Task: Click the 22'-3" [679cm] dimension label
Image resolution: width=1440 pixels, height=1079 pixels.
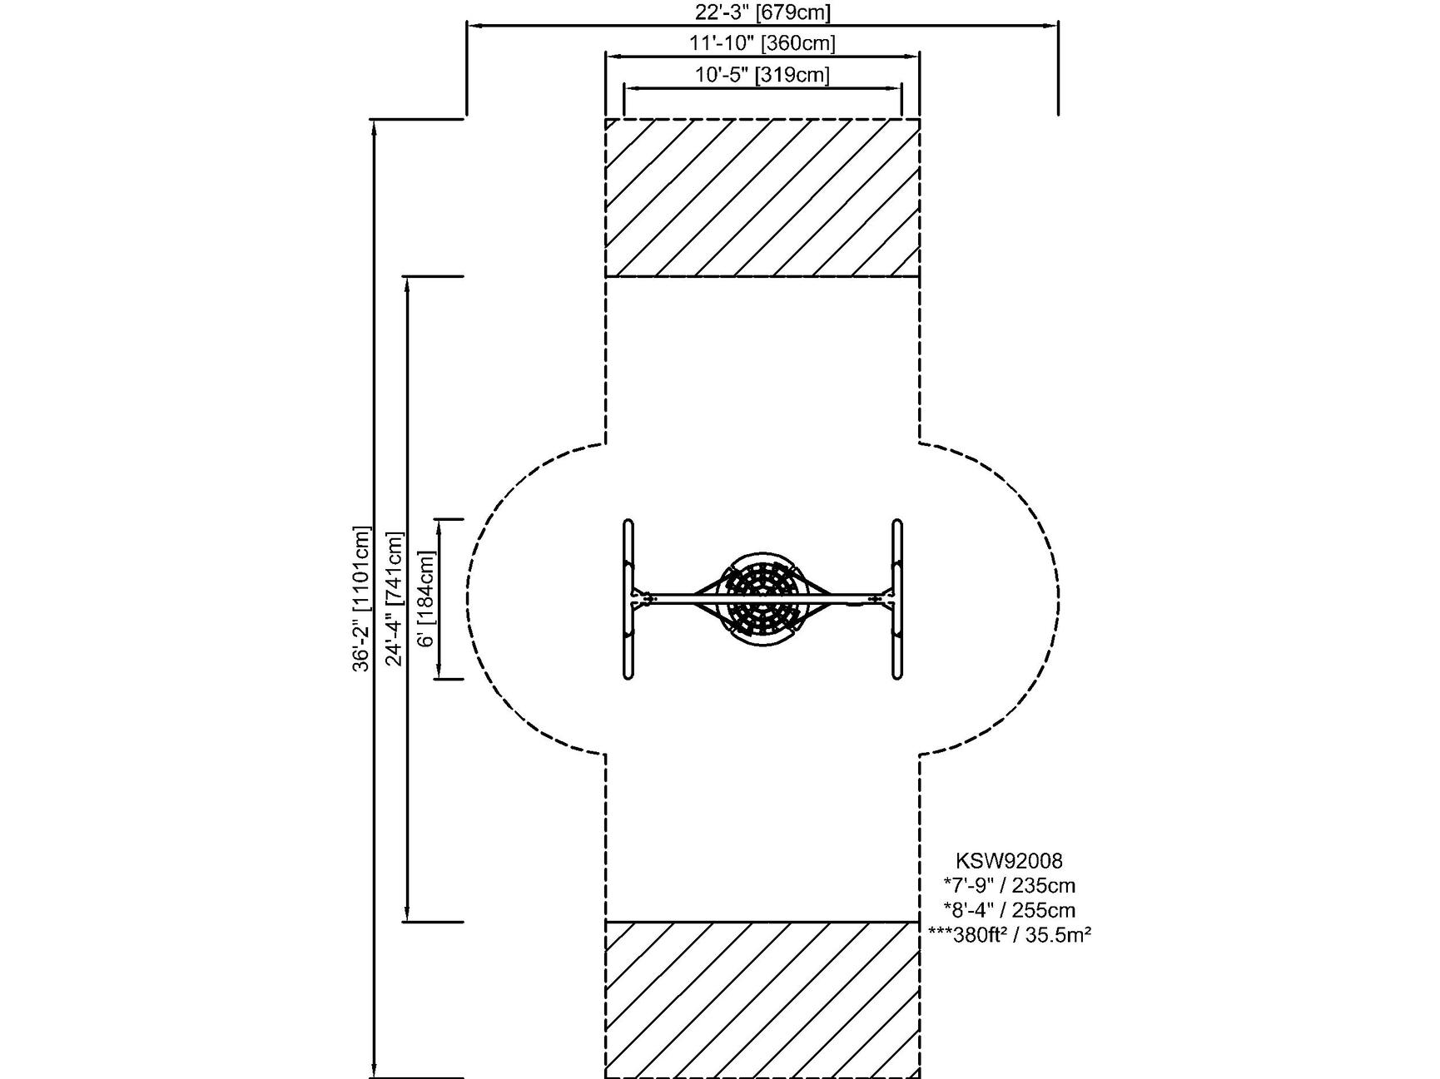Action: (762, 12)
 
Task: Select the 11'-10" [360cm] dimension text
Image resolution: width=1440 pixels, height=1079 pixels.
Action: (762, 42)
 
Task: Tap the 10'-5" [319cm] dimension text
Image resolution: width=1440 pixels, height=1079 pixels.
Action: (762, 75)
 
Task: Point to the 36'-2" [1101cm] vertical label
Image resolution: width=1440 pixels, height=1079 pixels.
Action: (360, 598)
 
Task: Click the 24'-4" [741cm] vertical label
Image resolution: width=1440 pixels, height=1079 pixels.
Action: (394, 598)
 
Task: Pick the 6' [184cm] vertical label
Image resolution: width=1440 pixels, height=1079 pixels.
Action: (425, 598)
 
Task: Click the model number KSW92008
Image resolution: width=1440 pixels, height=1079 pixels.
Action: (1009, 860)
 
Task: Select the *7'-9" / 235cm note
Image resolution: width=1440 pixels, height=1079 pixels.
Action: (1009, 885)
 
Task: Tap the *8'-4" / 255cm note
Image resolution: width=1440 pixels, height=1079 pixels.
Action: (1009, 910)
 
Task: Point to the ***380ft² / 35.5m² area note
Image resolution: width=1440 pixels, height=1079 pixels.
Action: (1009, 935)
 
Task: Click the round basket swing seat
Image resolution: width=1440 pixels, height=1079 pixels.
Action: (762, 598)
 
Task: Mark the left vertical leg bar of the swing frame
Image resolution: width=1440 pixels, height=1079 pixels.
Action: (628, 598)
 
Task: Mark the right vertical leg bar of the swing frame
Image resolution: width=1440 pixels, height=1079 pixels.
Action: (896, 598)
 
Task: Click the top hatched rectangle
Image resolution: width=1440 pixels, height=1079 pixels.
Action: (762, 197)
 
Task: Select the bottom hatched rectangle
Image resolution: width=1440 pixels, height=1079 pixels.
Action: (762, 998)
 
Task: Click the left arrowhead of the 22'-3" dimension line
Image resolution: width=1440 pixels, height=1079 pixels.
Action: (472, 25)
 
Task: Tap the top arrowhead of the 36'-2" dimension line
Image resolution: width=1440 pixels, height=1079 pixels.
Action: (375, 125)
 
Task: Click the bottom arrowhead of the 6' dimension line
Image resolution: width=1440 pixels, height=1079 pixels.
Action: (439, 673)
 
